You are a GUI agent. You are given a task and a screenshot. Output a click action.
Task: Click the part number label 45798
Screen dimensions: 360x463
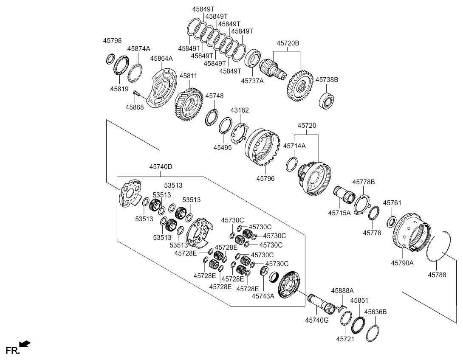112,41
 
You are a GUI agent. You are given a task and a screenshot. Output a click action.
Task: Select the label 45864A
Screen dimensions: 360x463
161,59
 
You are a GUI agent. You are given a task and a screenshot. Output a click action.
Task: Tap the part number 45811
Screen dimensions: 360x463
188,76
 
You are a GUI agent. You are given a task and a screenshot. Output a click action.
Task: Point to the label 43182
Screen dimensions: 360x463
240,110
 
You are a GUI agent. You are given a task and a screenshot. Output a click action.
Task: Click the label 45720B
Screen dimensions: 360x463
288,43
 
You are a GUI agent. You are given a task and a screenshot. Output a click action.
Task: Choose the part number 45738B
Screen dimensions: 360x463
327,79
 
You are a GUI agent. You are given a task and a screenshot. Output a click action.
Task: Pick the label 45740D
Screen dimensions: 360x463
161,167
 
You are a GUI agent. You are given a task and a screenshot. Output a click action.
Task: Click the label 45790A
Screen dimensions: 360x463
402,263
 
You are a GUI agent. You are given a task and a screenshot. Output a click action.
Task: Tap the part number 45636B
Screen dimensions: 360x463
375,312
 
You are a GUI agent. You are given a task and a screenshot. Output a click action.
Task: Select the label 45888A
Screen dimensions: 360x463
342,291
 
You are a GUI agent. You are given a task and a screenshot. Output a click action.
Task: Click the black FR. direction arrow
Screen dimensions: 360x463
25,343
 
